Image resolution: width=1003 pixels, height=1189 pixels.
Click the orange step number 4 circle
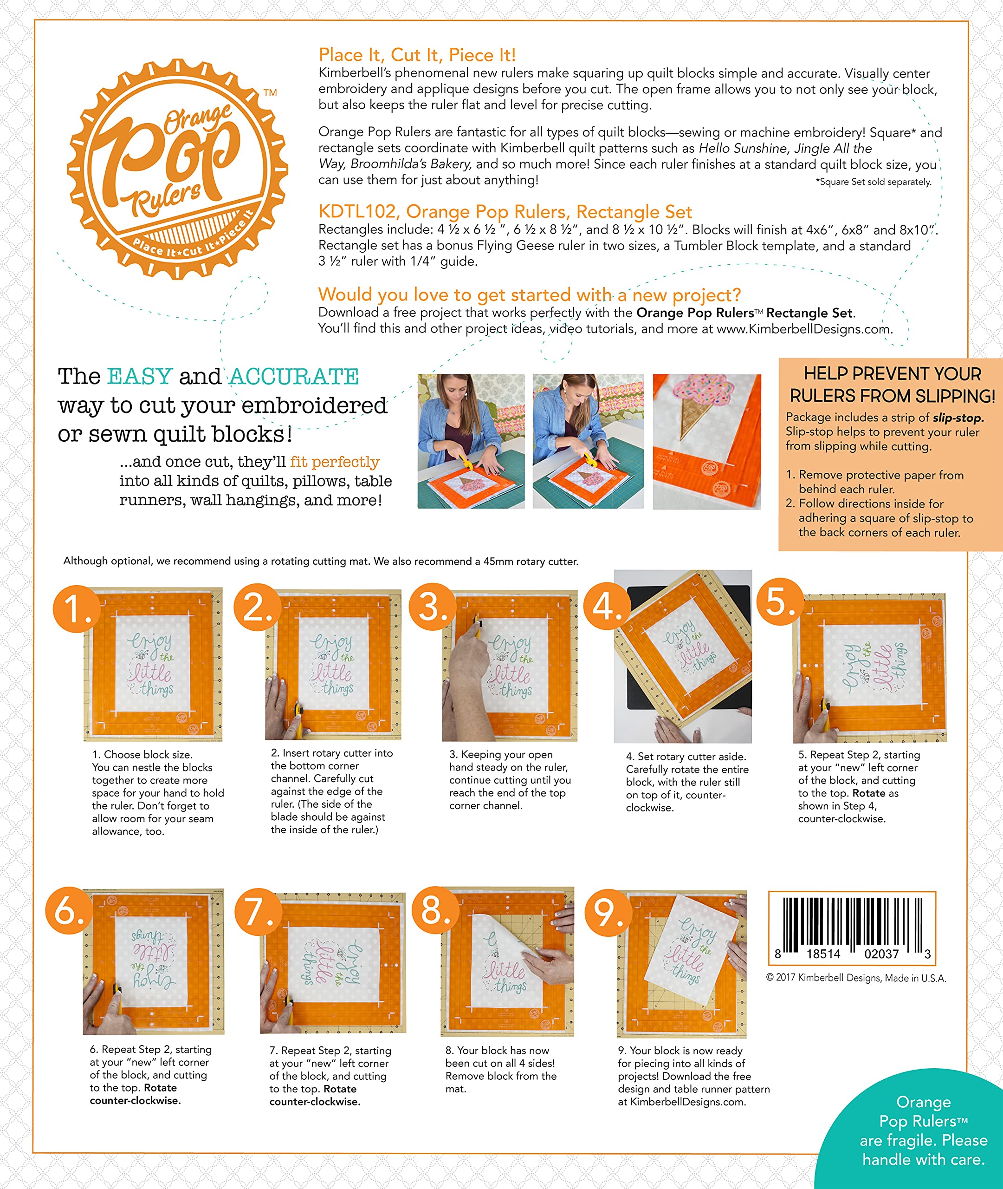point(606,607)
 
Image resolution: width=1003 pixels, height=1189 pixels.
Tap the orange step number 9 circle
point(608,913)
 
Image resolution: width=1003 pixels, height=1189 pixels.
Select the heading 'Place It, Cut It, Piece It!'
point(417,55)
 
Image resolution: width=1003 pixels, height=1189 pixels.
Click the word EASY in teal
point(140,377)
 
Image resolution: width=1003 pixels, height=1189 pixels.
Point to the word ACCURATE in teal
point(294,377)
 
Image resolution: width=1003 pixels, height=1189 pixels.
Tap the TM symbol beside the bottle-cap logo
point(270,93)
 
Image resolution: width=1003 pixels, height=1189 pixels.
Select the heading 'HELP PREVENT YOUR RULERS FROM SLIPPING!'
point(892,385)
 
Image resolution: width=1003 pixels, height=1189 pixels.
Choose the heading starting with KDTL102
point(505,212)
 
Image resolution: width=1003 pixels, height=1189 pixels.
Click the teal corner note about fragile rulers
point(923,1130)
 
